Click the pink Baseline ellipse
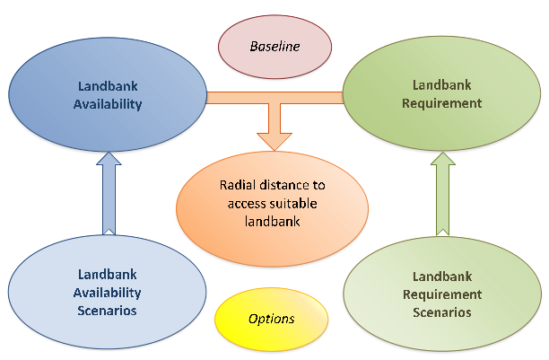tap(274, 47)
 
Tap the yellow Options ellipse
tap(271, 319)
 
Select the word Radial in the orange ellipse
tap(234, 185)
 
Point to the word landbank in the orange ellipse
tap(272, 222)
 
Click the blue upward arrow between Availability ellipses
tap(109, 193)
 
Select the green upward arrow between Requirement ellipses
tap(443, 193)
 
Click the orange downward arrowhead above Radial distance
tap(274, 141)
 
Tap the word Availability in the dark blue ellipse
tap(108, 104)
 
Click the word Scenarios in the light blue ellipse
tap(107, 311)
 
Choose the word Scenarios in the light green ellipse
tap(442, 312)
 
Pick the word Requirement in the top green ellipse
tap(442, 103)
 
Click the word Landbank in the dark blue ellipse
tap(108, 86)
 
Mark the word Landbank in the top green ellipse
tap(442, 85)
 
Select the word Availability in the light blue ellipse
tap(107, 293)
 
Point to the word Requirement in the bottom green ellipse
tap(442, 294)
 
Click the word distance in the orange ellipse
tap(279, 185)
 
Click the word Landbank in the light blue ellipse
tap(107, 275)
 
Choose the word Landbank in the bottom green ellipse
tap(442, 277)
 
